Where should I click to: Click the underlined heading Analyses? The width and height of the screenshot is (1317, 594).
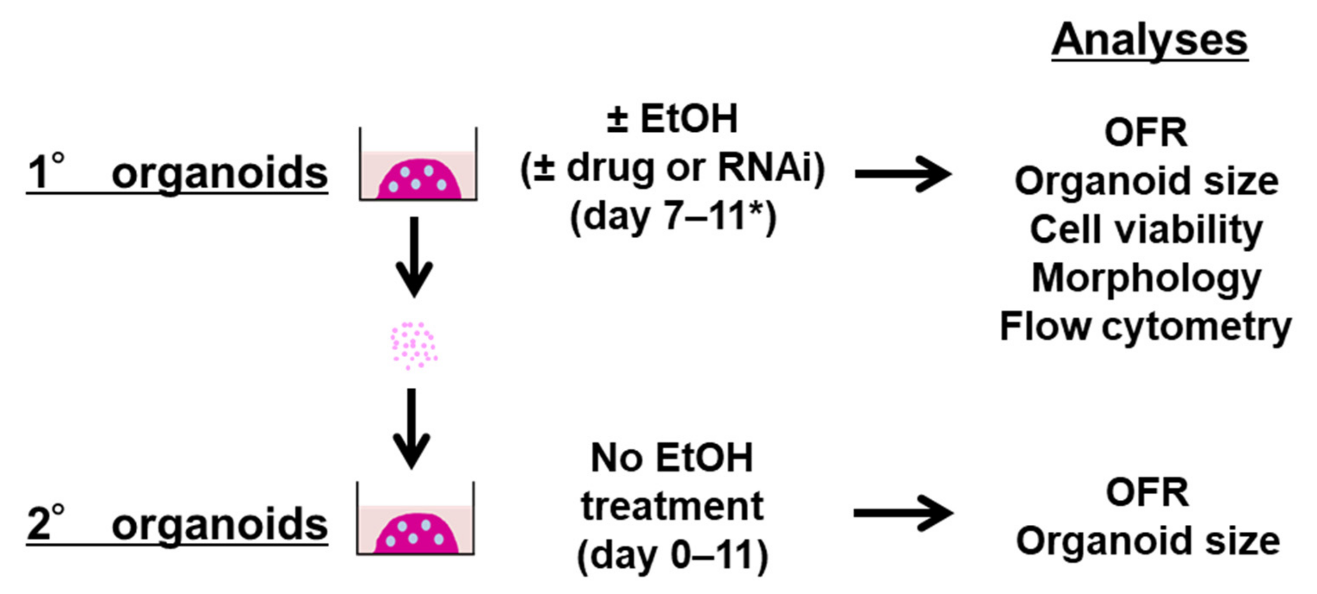click(x=1149, y=41)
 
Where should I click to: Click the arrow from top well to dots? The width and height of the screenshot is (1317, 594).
click(x=414, y=256)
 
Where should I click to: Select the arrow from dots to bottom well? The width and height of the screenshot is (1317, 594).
click(x=412, y=427)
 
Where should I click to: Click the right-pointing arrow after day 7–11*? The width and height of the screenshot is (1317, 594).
click(x=903, y=174)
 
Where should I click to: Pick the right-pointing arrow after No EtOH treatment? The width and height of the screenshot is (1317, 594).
click(x=903, y=513)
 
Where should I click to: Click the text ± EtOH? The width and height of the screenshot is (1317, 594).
click(x=672, y=119)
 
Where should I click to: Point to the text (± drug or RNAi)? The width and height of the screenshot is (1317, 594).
click(x=672, y=168)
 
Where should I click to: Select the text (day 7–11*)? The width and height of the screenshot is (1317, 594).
click(x=673, y=216)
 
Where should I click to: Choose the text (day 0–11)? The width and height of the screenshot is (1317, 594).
click(x=672, y=555)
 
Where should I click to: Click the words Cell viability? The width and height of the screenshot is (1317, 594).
click(x=1146, y=230)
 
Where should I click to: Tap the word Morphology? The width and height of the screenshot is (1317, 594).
click(x=1146, y=278)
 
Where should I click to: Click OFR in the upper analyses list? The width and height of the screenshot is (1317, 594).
click(x=1146, y=133)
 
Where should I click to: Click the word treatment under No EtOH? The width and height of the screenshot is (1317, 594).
click(x=672, y=507)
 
